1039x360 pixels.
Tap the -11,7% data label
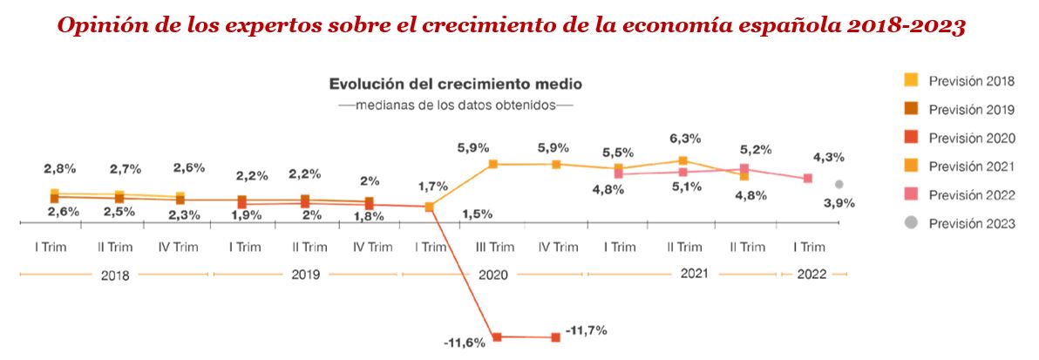[x=586, y=330]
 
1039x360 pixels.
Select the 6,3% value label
[x=683, y=139]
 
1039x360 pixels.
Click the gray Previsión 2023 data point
[x=839, y=184]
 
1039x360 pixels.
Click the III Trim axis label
[x=493, y=247]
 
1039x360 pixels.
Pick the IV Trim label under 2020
[x=555, y=247]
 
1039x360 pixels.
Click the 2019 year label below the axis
[x=305, y=275]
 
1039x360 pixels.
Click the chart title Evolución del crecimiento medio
[x=455, y=85]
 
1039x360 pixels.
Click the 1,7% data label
[x=432, y=186]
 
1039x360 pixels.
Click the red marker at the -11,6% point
[x=497, y=336]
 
